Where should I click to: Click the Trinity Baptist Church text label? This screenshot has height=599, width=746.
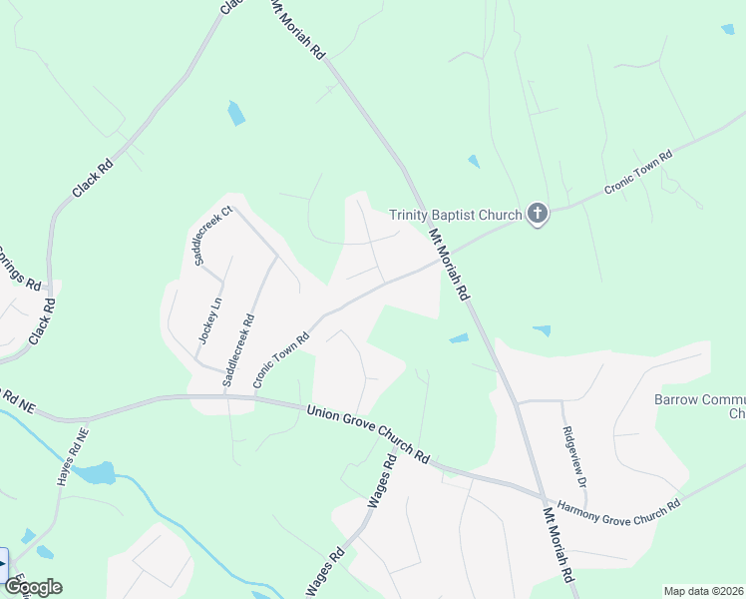455,215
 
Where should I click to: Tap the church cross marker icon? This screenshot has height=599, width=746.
538,214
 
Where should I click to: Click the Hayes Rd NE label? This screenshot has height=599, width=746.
71,457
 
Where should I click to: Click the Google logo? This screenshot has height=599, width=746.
33,587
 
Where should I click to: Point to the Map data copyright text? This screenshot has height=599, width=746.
704,591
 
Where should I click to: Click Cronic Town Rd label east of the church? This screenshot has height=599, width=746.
639,172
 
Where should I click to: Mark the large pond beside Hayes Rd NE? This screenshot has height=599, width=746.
96,473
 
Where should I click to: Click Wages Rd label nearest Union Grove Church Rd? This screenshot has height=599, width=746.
382,481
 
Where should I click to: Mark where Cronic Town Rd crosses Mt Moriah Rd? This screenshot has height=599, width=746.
436,262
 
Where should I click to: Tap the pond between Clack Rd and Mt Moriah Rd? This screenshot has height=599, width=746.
235,114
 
